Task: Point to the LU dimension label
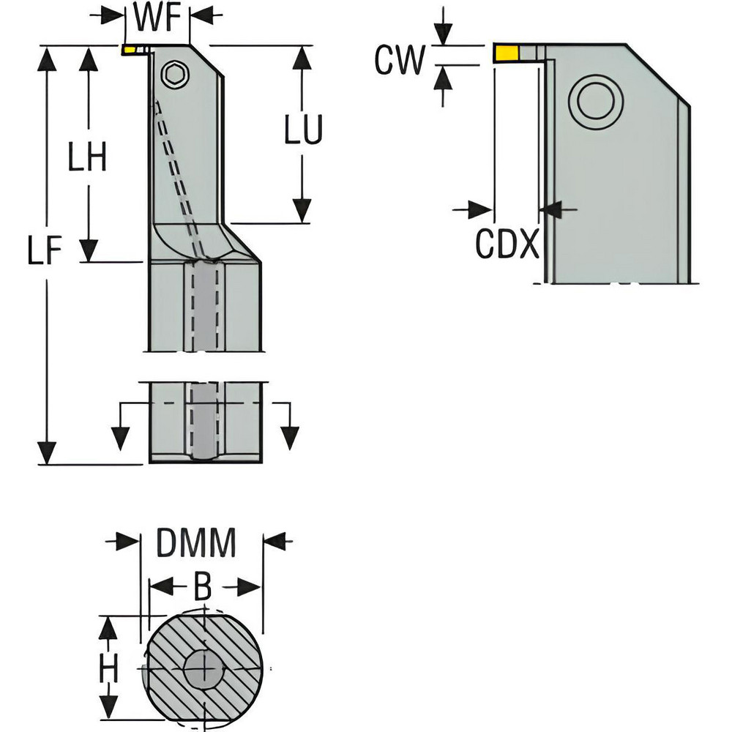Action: point(302,132)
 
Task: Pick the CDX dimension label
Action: point(508,244)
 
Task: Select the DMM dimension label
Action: point(196,545)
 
